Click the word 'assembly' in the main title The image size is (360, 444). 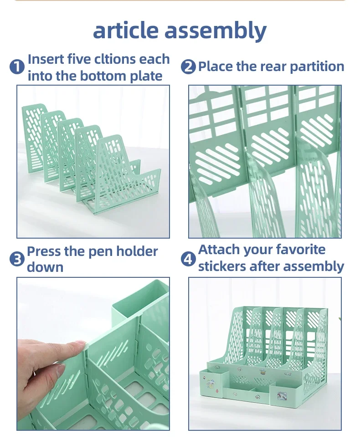(216, 31)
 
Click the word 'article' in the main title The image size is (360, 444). (126, 30)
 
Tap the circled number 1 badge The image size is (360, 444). (17, 67)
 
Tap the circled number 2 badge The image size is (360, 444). (188, 67)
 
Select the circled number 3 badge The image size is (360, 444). (17, 260)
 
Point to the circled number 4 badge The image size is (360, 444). (188, 259)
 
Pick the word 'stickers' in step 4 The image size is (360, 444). (222, 266)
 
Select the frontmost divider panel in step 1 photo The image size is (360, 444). (125, 176)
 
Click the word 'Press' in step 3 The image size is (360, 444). (44, 251)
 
